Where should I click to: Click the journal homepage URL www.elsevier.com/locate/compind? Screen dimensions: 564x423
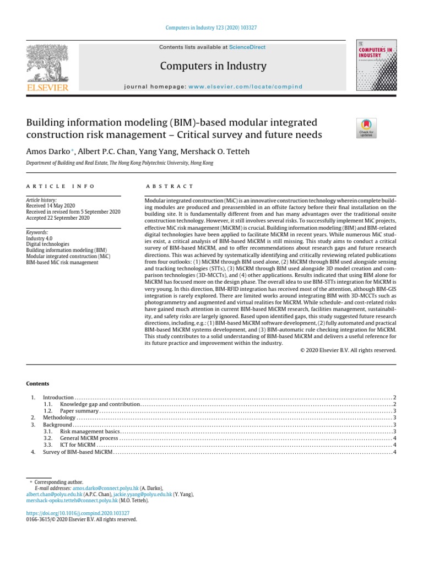pyautogui.click(x=246, y=86)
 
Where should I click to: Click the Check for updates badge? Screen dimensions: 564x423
pyautogui.click(x=366, y=128)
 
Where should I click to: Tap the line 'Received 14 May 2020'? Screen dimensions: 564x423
pyautogui.click(x=51, y=206)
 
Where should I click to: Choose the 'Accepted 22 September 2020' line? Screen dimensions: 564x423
pyautogui.click(x=58, y=218)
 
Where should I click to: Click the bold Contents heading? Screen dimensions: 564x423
pyautogui.click(x=37, y=383)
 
